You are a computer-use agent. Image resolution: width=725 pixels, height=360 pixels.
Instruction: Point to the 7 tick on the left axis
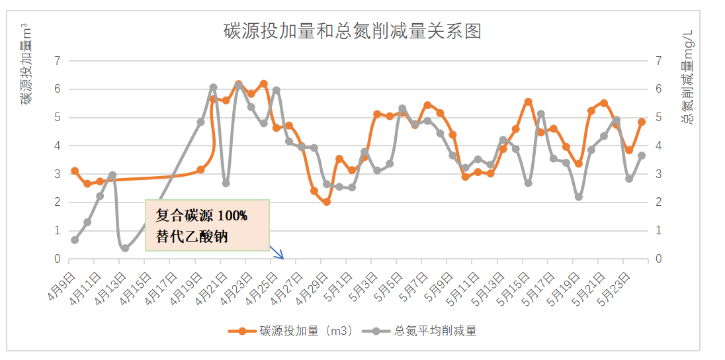[x=57, y=61]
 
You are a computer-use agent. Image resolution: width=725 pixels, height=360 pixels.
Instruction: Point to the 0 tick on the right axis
[x=658, y=259]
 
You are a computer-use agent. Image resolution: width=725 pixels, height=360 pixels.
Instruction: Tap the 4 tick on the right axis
[x=658, y=146]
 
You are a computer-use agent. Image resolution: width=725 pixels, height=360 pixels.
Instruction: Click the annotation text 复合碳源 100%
[x=201, y=216]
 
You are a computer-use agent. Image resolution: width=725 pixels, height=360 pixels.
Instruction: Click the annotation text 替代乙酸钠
[x=192, y=236]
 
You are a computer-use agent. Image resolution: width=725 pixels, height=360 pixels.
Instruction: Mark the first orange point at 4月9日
[x=75, y=171]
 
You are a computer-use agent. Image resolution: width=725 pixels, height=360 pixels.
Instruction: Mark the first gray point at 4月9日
[x=75, y=240]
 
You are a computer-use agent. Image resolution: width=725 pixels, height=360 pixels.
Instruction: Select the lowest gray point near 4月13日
[x=125, y=248]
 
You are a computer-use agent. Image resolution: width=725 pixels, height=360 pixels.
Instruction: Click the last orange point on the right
[x=642, y=122]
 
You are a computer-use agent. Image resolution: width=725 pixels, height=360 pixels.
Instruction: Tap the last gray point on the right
[x=642, y=155]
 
